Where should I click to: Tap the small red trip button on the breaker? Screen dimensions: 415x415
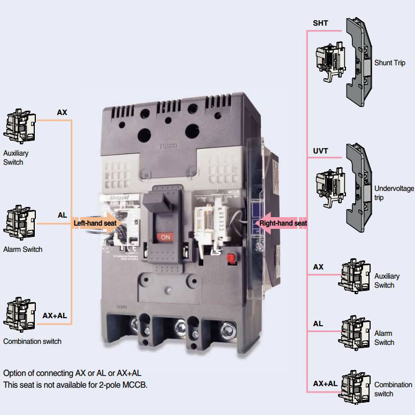tap(231, 258)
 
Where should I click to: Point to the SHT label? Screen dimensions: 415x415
tap(320, 24)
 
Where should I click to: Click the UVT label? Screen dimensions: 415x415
tap(321, 152)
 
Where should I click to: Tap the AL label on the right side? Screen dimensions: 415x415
tap(318, 324)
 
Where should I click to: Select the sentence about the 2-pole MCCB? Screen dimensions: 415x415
tap(75, 385)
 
